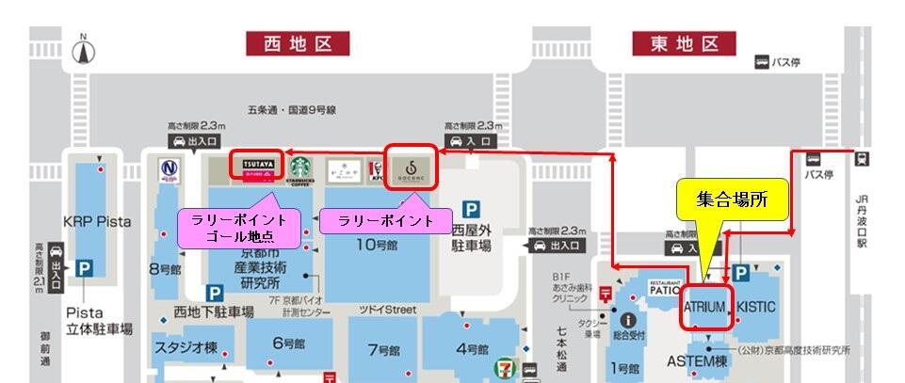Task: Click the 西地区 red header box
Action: pyautogui.click(x=298, y=42)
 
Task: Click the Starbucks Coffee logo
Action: pyautogui.click(x=299, y=169)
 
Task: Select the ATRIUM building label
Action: pyautogui.click(x=705, y=307)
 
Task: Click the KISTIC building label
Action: pyautogui.click(x=756, y=307)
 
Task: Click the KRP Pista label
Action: pyautogui.click(x=96, y=221)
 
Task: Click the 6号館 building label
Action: pyautogui.click(x=289, y=343)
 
